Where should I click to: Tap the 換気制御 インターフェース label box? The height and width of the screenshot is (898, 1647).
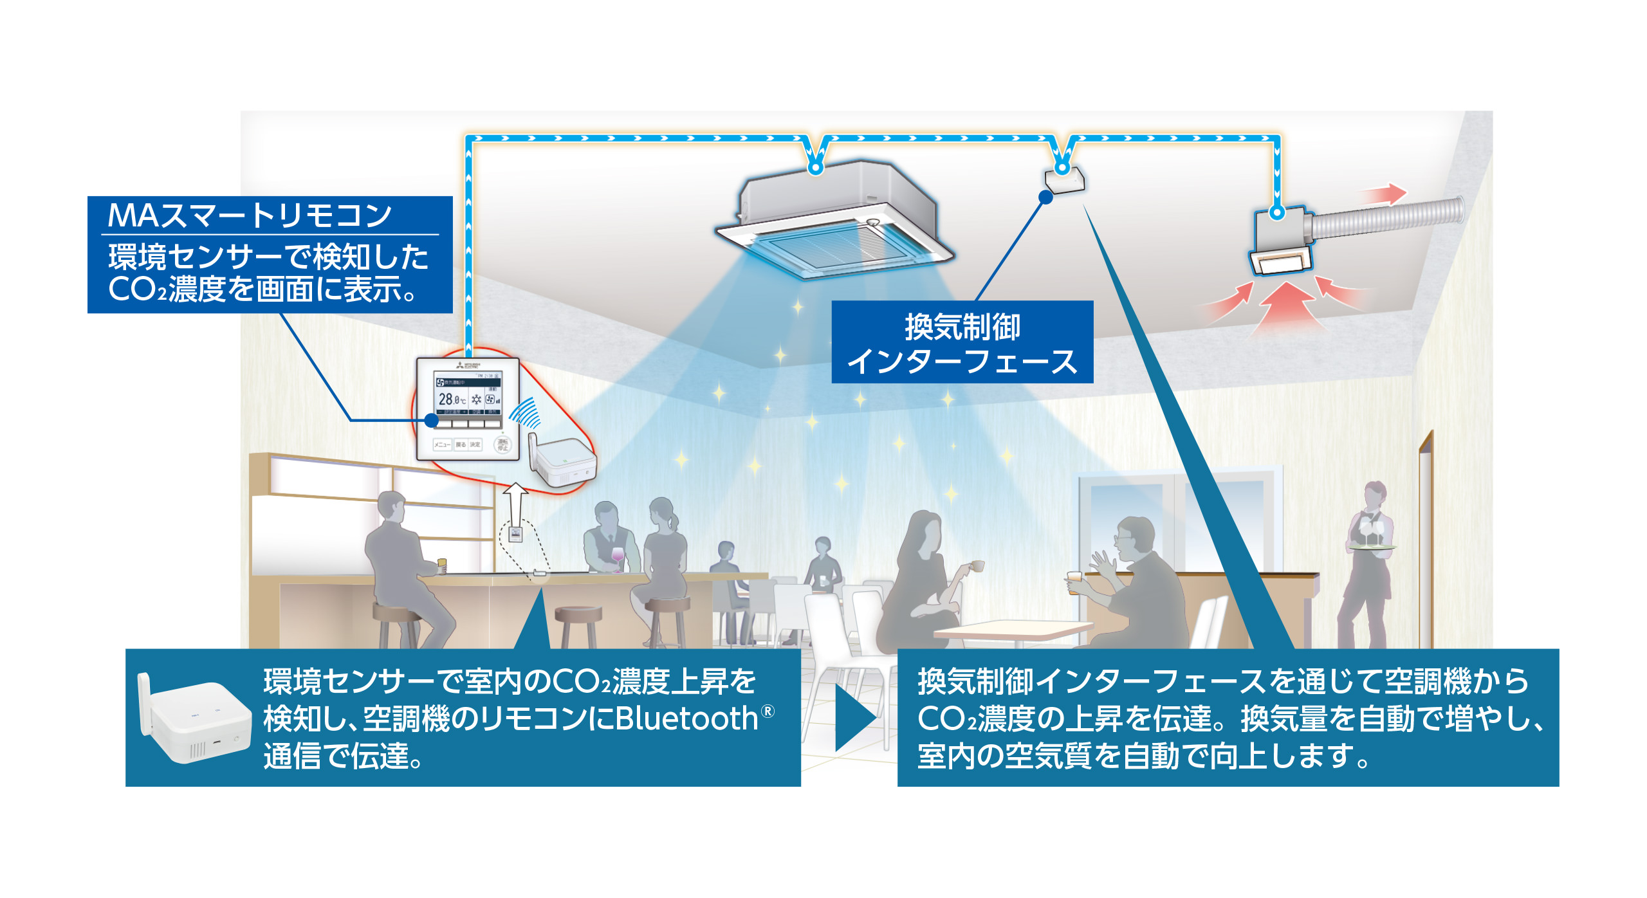click(962, 343)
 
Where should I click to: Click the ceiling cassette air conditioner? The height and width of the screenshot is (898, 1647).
click(836, 219)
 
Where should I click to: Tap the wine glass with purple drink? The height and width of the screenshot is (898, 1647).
click(617, 556)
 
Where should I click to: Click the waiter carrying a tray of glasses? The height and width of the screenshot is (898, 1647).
click(1367, 566)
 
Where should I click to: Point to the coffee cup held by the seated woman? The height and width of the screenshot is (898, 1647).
click(976, 566)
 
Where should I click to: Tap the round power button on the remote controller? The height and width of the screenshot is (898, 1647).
click(502, 444)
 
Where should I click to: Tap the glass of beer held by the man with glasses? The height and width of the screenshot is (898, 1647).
click(1074, 582)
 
